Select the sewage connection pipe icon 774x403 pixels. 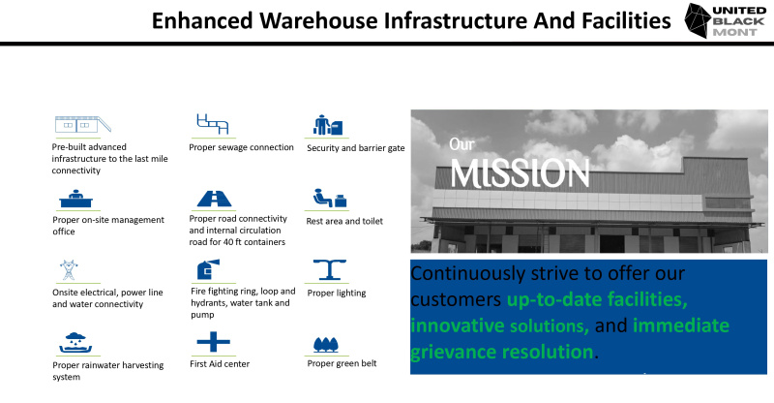(211, 124)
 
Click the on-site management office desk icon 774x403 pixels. (74, 198)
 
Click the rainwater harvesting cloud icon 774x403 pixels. (74, 343)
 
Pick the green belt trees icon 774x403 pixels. (326, 344)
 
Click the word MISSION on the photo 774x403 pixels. (520, 174)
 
